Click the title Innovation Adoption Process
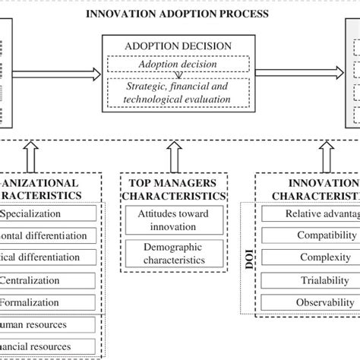point(178,14)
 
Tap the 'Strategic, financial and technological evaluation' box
point(179,93)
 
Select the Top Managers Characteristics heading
point(177,189)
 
